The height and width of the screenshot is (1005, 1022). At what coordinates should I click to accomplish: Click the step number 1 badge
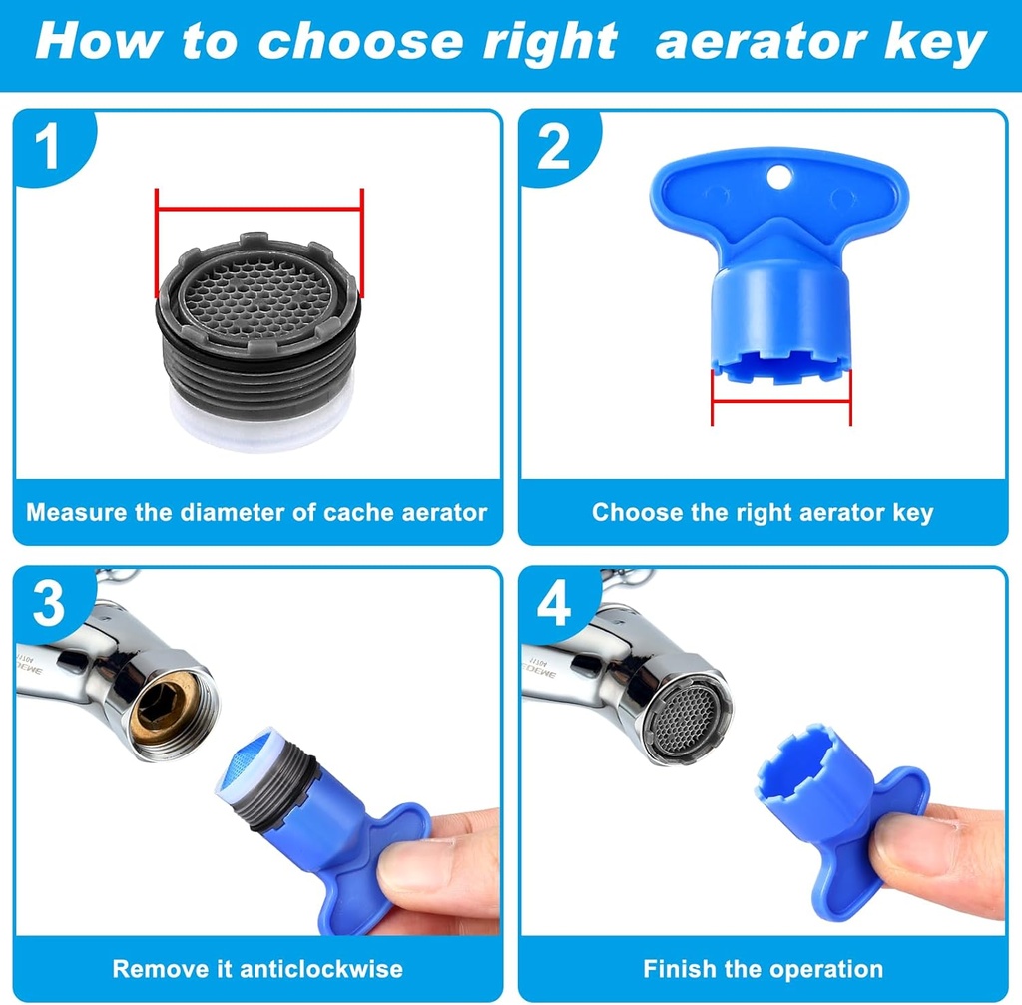point(46,147)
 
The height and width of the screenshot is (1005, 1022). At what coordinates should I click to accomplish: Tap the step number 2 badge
point(553,147)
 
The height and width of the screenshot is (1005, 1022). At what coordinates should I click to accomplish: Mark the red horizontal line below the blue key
point(780,402)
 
